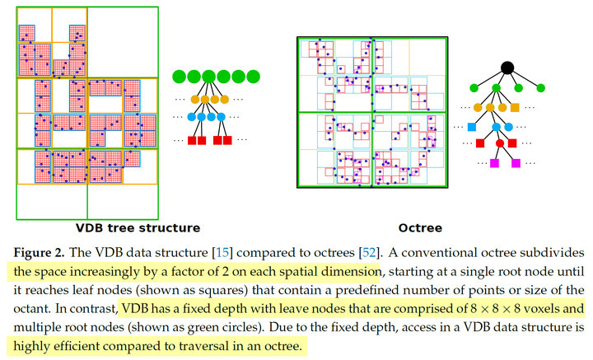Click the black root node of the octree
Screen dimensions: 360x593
coord(508,68)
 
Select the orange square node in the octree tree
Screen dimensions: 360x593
coord(515,108)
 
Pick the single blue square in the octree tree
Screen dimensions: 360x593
coord(473,127)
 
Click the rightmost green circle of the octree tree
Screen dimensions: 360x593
coord(540,88)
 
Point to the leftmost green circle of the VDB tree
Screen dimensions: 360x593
coord(178,77)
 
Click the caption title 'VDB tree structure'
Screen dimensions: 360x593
coord(138,227)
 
